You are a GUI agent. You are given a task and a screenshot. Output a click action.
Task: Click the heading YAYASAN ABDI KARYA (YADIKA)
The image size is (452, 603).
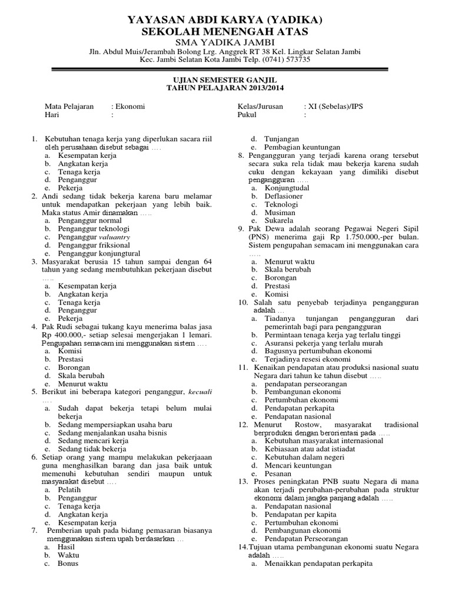tap(225, 21)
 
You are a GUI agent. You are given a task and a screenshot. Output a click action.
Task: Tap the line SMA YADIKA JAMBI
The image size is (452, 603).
tap(225, 42)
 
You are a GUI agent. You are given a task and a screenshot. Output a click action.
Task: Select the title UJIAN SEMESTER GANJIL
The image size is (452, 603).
tap(225, 79)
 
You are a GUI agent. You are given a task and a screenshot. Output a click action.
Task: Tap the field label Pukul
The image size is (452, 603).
tap(247, 115)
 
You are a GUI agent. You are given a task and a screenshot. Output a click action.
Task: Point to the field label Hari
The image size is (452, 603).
tap(52, 115)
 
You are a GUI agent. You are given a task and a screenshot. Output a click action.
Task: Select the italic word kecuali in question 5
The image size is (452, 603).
tap(199, 392)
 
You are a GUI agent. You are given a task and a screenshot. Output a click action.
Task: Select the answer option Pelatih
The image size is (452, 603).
tap(70, 489)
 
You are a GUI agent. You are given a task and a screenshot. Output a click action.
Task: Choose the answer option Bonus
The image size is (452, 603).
tap(68, 563)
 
